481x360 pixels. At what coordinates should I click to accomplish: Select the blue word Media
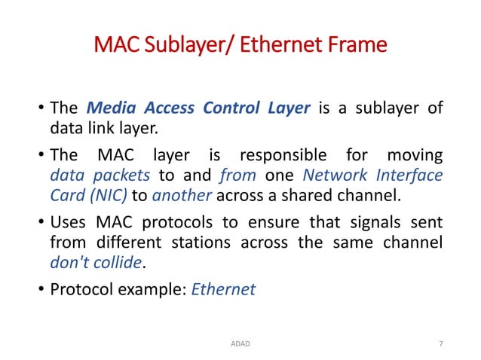[113, 108]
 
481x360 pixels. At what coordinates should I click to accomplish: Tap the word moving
[414, 156]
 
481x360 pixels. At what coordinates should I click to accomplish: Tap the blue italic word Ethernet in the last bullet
[224, 288]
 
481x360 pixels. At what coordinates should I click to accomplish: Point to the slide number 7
[440, 343]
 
